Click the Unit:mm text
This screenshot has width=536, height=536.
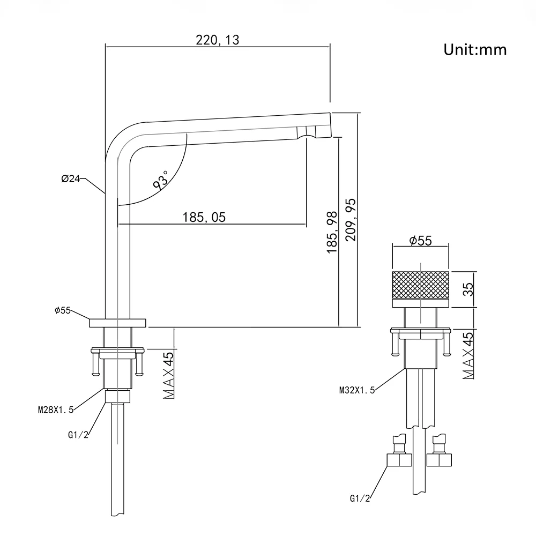tap(475, 50)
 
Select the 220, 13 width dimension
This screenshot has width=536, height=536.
tap(217, 40)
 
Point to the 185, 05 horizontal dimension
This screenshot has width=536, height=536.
tap(204, 217)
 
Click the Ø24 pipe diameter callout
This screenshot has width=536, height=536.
tap(71, 179)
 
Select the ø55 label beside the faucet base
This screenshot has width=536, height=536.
tap(63, 310)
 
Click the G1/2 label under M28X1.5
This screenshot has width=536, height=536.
tap(78, 435)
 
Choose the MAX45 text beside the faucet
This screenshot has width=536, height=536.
tap(170, 375)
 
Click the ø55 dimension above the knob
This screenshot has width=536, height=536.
tap(420, 241)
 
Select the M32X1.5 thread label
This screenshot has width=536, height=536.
tap(357, 390)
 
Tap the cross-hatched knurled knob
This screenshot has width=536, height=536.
tap(421, 285)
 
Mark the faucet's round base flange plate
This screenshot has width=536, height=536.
tap(117, 322)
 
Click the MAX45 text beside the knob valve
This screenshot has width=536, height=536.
tap(468, 355)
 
